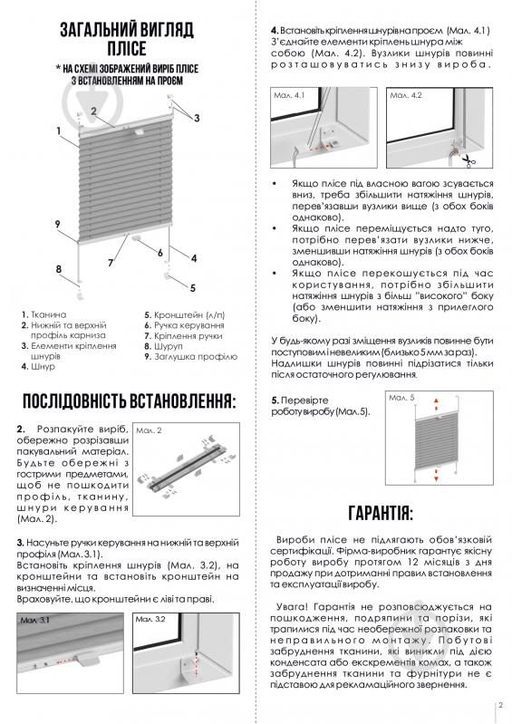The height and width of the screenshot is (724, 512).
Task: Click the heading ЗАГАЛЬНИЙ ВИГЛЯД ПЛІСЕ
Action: (x=126, y=41)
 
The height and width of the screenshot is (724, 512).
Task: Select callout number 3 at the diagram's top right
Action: (x=196, y=119)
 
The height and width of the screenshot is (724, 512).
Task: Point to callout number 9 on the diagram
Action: (x=56, y=224)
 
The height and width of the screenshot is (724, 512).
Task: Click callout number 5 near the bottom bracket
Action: (x=192, y=287)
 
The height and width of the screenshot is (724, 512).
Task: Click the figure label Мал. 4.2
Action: (x=404, y=95)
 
